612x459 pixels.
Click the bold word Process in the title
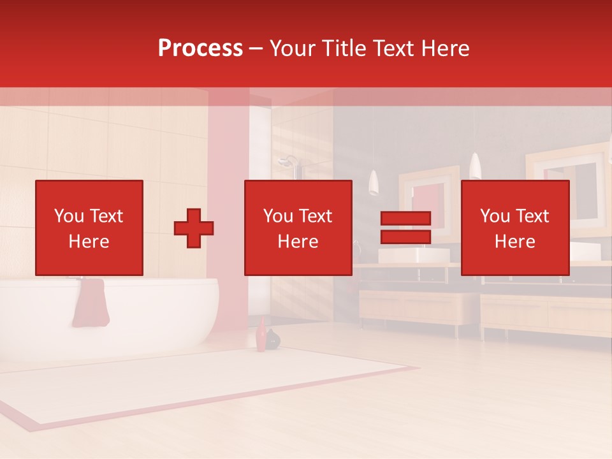200,48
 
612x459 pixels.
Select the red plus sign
194,228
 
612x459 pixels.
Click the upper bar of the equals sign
405,219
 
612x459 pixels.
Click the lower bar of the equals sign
405,237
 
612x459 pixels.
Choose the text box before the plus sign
89,228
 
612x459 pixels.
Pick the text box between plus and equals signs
298,228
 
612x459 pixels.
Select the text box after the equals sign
514,228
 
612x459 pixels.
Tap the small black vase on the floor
273,340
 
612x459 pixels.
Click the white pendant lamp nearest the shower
374,183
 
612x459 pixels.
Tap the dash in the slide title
256,48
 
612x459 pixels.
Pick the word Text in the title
393,48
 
